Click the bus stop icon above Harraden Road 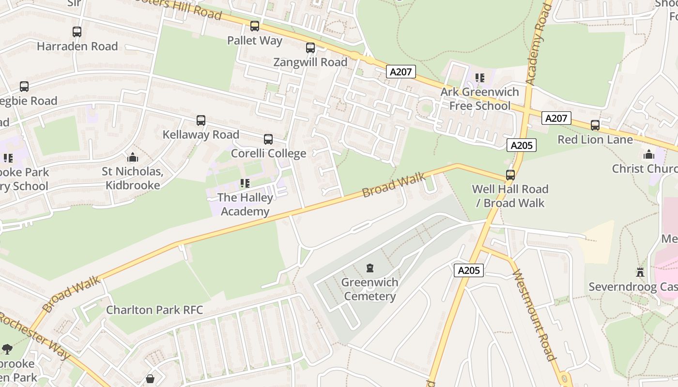[x=77, y=32]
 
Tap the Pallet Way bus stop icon [x=255, y=26]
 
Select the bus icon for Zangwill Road [x=310, y=48]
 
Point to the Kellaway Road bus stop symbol [x=201, y=120]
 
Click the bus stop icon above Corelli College [x=268, y=139]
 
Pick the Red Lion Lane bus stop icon [x=595, y=125]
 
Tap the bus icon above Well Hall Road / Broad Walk [x=510, y=175]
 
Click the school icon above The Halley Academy [x=245, y=183]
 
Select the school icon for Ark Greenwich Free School [x=480, y=78]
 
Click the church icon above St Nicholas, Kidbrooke [x=132, y=158]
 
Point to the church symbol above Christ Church [x=648, y=155]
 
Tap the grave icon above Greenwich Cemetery [x=370, y=268]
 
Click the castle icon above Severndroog [x=640, y=273]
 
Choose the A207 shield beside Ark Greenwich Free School [x=401, y=72]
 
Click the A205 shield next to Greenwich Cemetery [x=468, y=270]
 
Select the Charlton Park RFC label [x=154, y=310]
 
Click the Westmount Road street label [x=534, y=315]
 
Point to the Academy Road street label [x=538, y=44]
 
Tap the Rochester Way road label [x=36, y=336]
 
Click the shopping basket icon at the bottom [x=150, y=379]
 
